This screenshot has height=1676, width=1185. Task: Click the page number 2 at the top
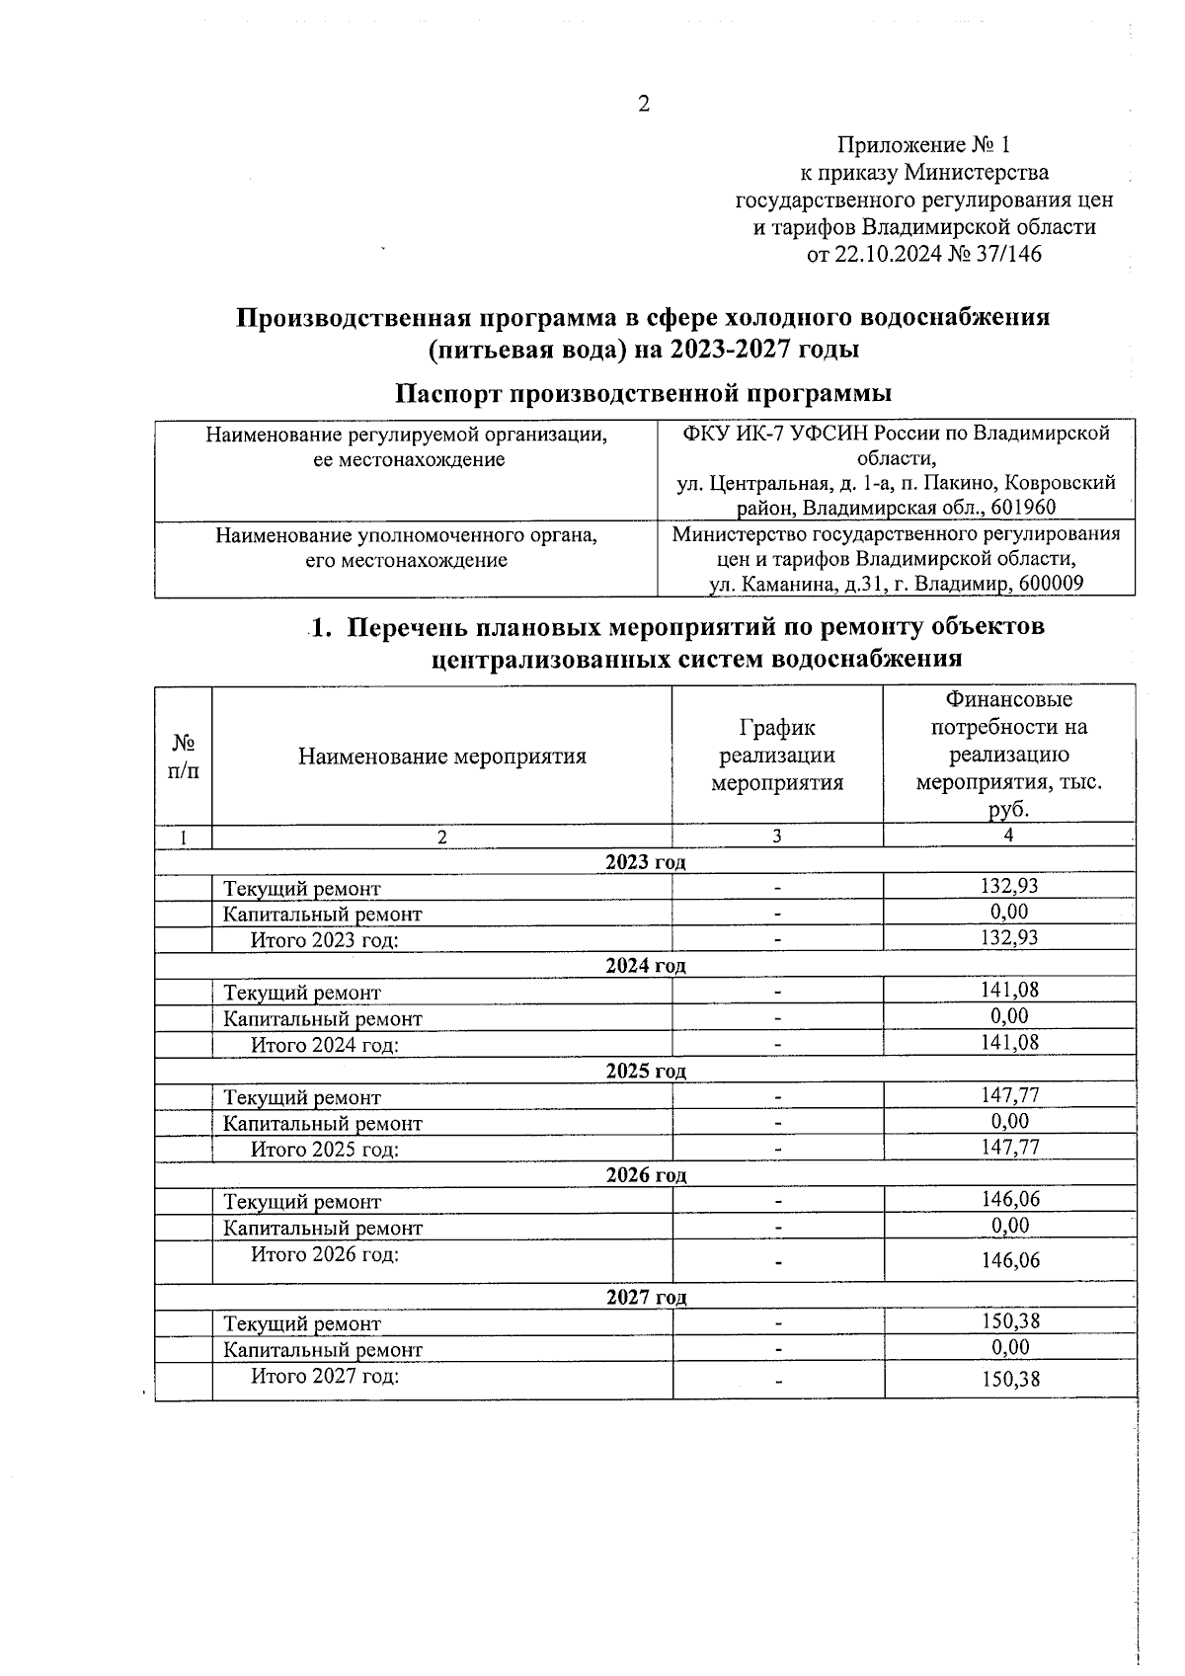644,105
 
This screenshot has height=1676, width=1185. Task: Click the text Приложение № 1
923,146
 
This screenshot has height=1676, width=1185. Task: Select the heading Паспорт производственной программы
643,393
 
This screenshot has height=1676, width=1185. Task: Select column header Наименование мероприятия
441,757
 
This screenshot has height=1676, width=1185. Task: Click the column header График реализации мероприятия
777,756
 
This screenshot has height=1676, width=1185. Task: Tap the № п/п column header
183,757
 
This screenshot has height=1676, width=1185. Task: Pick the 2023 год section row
645,861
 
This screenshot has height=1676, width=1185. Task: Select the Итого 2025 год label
324,1150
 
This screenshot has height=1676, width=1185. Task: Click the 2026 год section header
646,1174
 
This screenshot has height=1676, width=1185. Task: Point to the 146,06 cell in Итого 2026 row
1010,1261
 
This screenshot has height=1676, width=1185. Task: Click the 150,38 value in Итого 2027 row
1010,1380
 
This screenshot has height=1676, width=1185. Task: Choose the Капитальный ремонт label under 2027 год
322,1350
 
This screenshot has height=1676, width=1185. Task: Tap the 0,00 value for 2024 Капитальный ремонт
1009,1016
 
